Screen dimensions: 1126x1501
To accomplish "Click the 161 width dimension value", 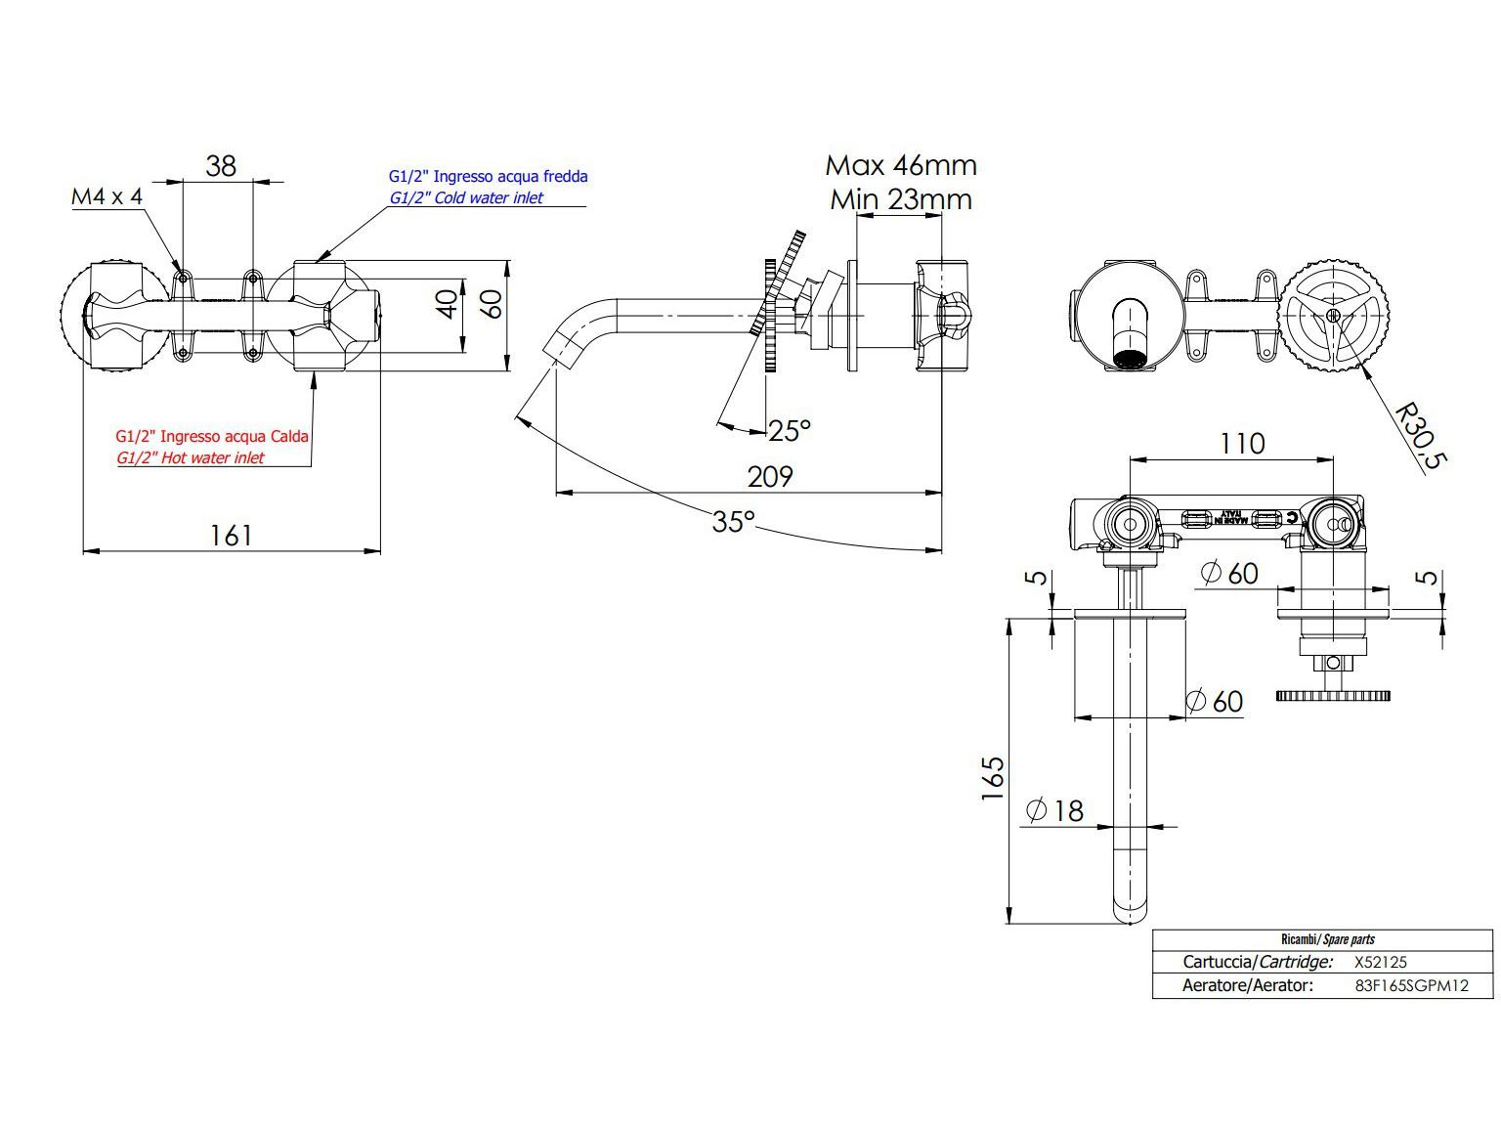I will click(231, 536).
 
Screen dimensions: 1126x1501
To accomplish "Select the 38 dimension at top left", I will click(221, 165).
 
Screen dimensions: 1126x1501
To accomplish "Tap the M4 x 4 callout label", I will click(107, 196).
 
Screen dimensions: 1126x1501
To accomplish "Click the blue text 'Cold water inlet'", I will click(466, 197).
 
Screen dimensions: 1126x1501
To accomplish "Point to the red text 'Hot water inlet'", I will click(190, 457).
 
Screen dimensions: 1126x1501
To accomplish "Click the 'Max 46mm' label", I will click(900, 165).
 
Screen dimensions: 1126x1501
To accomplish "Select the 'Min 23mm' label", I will click(900, 199).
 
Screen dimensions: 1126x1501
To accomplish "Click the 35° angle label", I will click(733, 522).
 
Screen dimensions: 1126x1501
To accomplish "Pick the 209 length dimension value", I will click(770, 477).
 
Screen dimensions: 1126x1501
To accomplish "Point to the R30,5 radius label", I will click(1419, 436).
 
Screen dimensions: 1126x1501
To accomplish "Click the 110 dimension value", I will click(1241, 444).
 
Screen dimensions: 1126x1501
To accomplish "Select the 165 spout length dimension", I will click(993, 778).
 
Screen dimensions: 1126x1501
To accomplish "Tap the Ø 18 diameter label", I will click(1055, 810).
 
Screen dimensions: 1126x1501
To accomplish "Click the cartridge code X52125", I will click(1380, 962).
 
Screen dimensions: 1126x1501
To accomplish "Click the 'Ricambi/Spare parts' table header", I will click(1327, 939).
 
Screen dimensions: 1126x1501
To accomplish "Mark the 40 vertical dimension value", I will click(447, 303).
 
